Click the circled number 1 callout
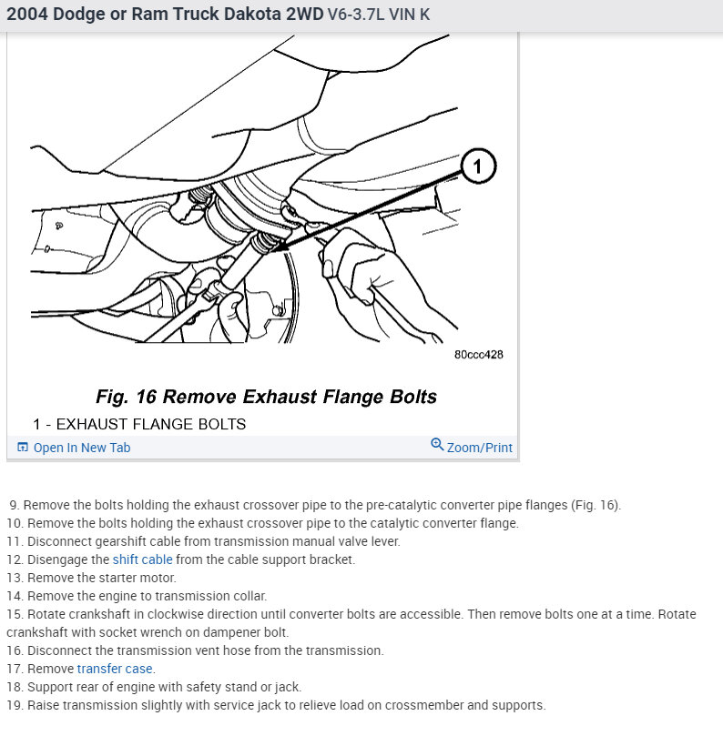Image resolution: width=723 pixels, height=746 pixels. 478,166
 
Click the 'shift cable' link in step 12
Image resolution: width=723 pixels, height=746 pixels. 142,559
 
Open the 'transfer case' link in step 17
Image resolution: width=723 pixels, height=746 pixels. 116,669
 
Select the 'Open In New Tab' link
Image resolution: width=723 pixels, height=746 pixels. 81,448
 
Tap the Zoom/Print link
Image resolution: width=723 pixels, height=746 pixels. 479,448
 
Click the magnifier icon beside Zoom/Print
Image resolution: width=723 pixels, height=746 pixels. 437,445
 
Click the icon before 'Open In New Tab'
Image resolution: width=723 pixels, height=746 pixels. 23,448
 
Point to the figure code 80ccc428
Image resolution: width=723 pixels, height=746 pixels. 478,354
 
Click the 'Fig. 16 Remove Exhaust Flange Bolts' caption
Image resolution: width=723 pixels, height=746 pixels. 266,397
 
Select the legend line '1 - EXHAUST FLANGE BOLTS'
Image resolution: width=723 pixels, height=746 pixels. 139,424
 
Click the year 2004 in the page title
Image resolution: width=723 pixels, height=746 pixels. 28,15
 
